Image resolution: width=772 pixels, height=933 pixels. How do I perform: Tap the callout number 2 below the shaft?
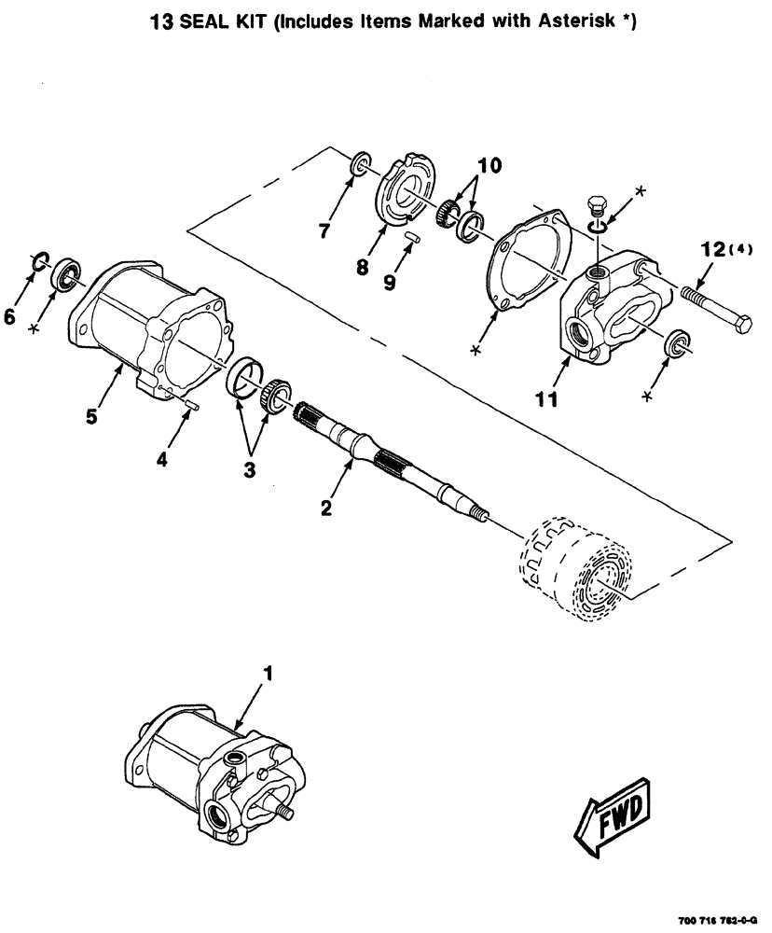pyautogui.click(x=324, y=508)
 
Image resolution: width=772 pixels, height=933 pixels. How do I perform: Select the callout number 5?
pyautogui.click(x=92, y=415)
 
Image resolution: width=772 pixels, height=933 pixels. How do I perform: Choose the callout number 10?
pyautogui.click(x=489, y=167)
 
